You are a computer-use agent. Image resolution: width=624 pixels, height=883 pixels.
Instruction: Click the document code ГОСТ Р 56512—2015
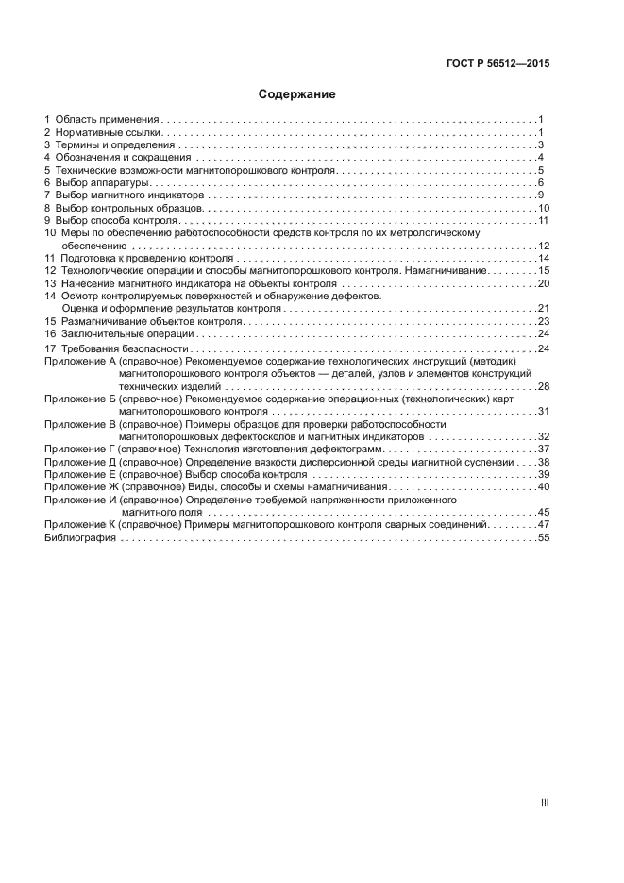click(x=498, y=64)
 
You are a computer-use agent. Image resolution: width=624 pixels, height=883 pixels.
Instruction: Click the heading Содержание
click(x=297, y=94)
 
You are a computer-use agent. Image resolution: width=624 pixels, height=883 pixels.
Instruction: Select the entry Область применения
click(x=107, y=120)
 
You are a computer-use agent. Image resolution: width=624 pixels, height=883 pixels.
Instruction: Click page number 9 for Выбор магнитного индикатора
click(x=540, y=195)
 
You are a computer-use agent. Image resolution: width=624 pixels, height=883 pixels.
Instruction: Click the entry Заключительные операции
click(x=127, y=334)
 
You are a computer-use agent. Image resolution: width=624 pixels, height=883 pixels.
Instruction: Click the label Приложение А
click(x=80, y=362)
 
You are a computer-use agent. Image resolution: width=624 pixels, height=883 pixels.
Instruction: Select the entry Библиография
click(x=80, y=537)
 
